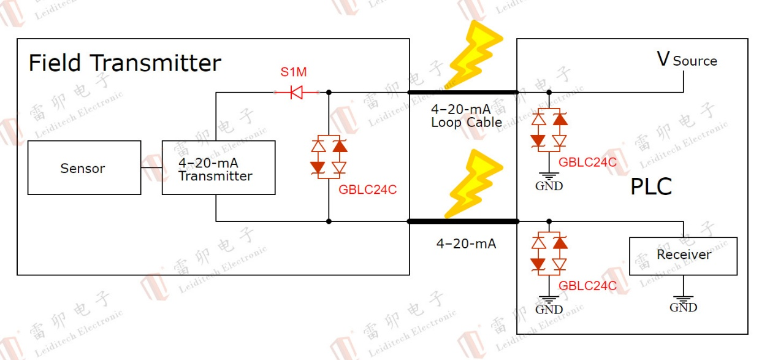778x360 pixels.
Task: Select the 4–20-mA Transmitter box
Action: coord(218,168)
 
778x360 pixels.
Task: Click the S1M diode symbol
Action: coord(297,93)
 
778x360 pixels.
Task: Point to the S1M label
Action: coord(294,72)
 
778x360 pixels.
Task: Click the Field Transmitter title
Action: coord(124,63)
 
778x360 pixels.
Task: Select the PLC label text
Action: coord(651,186)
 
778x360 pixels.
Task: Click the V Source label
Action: coord(687,59)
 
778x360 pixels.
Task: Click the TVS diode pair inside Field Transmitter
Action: coord(329,156)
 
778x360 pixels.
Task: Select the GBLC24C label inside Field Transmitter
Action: coord(367,190)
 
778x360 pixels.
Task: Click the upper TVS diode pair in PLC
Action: coord(549,130)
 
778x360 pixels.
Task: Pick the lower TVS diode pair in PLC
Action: coord(549,253)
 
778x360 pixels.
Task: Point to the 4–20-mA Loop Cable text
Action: coord(466,116)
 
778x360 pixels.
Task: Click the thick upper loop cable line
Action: coord(463,93)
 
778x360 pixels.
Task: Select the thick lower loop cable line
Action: coord(463,221)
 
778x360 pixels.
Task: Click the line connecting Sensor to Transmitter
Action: coord(151,168)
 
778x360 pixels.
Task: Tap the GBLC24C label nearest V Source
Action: coord(587,163)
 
